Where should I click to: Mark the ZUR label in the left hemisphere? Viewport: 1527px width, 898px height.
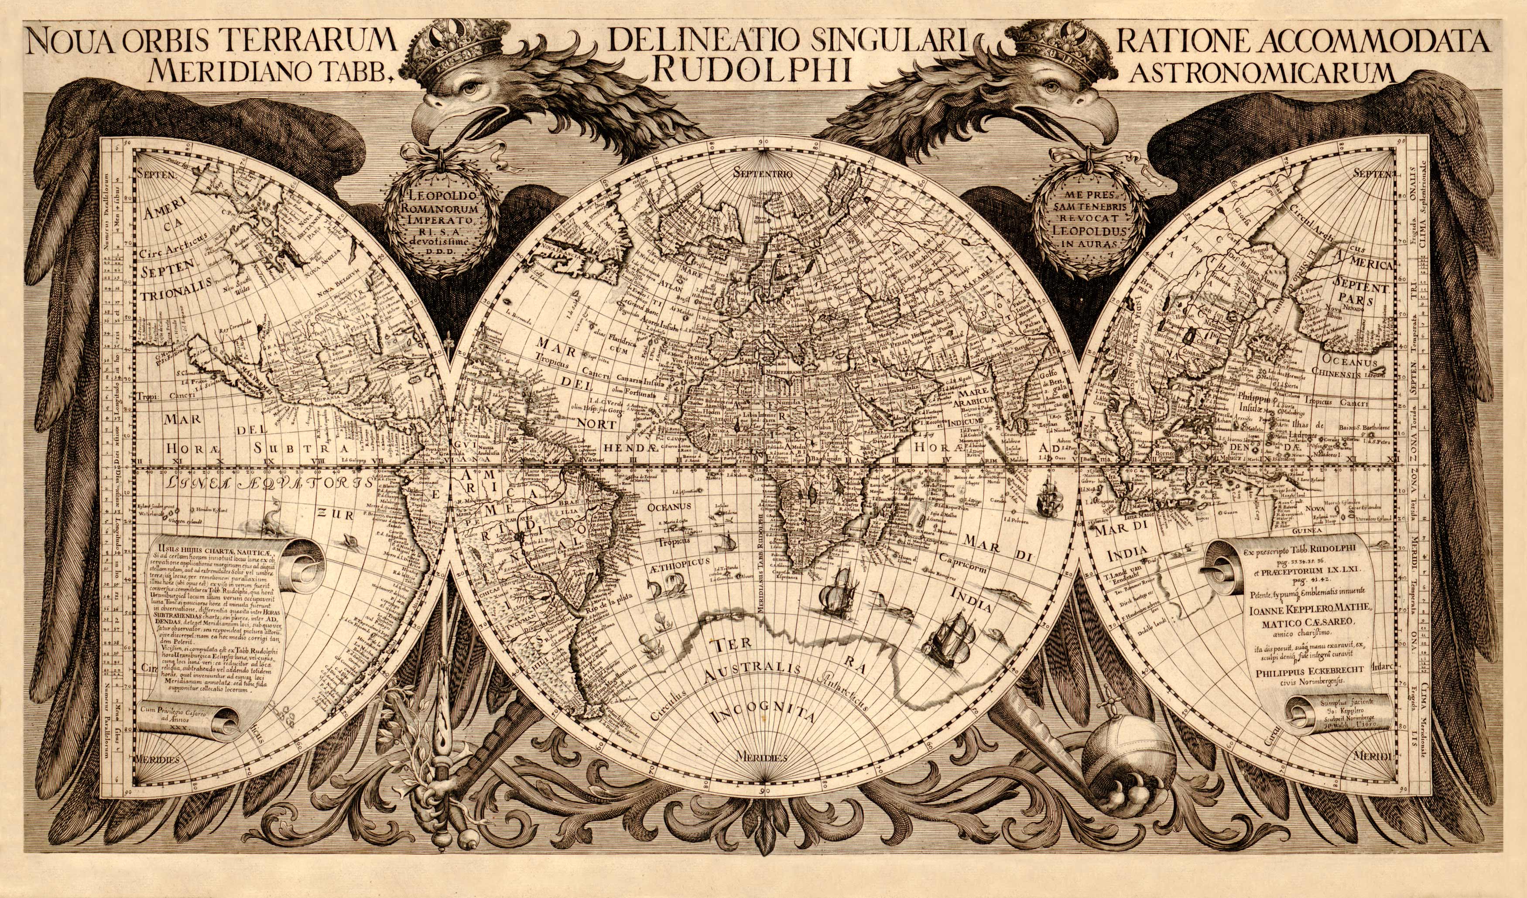(330, 513)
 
